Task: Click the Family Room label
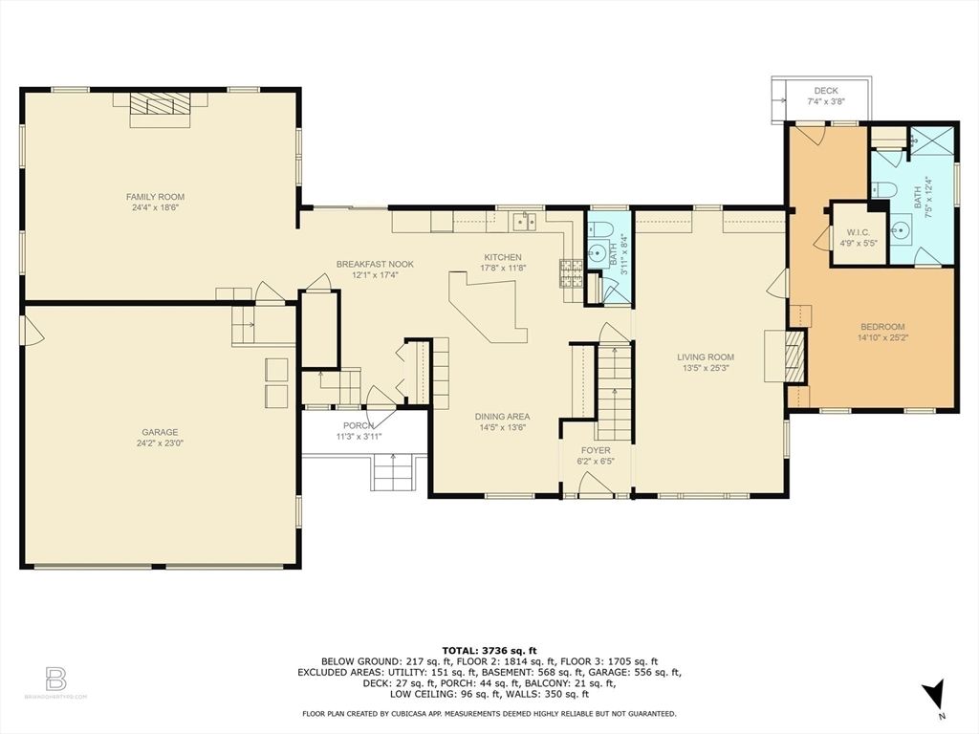[x=159, y=197]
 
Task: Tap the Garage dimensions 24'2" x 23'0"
[x=159, y=443]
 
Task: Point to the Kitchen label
[x=503, y=257]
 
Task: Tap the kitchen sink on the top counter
[x=523, y=222]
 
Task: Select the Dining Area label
[x=503, y=417]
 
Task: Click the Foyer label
[x=596, y=450]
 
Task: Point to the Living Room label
[x=707, y=357]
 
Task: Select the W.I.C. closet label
[x=857, y=232]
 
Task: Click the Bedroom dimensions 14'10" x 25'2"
[x=881, y=337]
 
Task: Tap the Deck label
[x=826, y=91]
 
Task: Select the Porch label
[x=359, y=426]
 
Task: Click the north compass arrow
[x=938, y=694]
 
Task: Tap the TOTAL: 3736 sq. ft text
[x=489, y=650]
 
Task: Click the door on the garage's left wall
[x=32, y=331]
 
